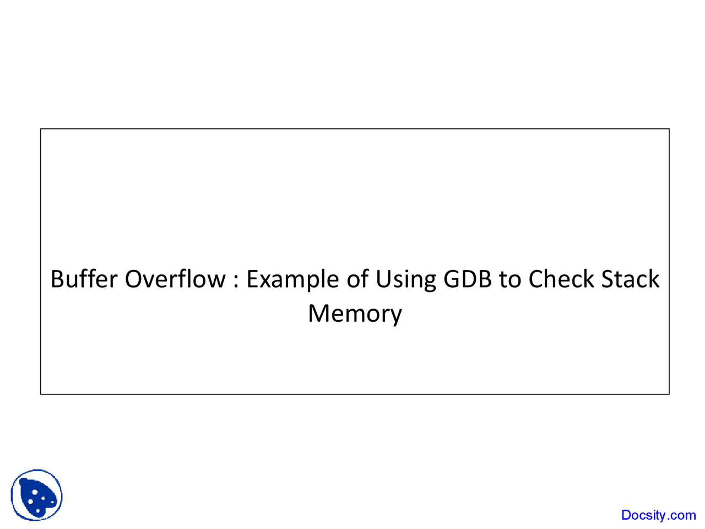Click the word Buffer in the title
[84, 279]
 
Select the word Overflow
[175, 279]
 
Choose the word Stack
[630, 279]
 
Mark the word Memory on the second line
[355, 314]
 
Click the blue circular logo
[36, 495]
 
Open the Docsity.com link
[658, 515]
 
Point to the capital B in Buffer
[57, 279]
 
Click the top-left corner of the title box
[41, 129]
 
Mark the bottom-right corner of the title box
[669, 394]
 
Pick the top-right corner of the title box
[669, 129]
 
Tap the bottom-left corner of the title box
[41, 394]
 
